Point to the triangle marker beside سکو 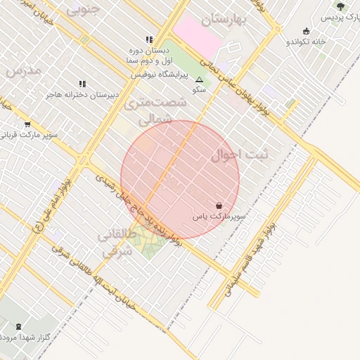point(199,80)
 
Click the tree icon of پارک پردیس point(341,6)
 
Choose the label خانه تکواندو point(306,42)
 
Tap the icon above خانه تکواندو point(306,31)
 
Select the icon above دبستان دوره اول point(149,39)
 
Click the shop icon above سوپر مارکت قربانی point(27,124)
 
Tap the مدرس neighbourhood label point(23,70)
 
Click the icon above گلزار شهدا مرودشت point(18,326)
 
